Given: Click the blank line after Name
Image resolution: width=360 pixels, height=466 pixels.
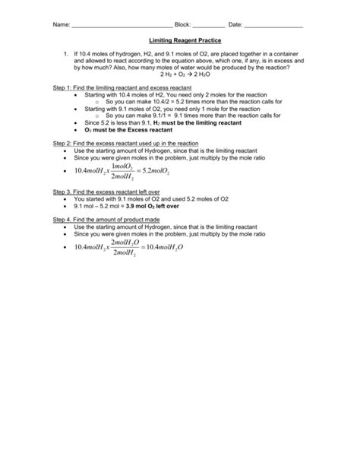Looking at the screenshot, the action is click(122, 26).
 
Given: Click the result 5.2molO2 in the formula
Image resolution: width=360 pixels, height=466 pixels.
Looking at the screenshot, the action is click(152, 172).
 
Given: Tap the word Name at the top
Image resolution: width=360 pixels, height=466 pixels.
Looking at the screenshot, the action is click(61, 25).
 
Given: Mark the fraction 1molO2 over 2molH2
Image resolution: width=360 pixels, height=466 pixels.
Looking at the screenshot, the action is click(120, 172).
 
